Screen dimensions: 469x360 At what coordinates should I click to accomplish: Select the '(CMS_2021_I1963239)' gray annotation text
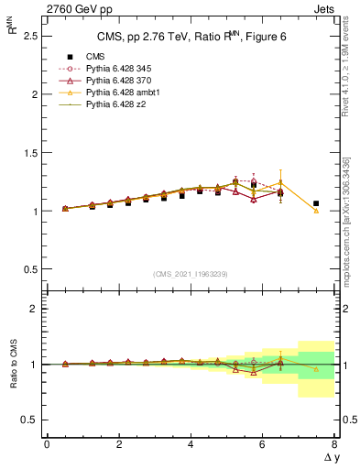point(191,274)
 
